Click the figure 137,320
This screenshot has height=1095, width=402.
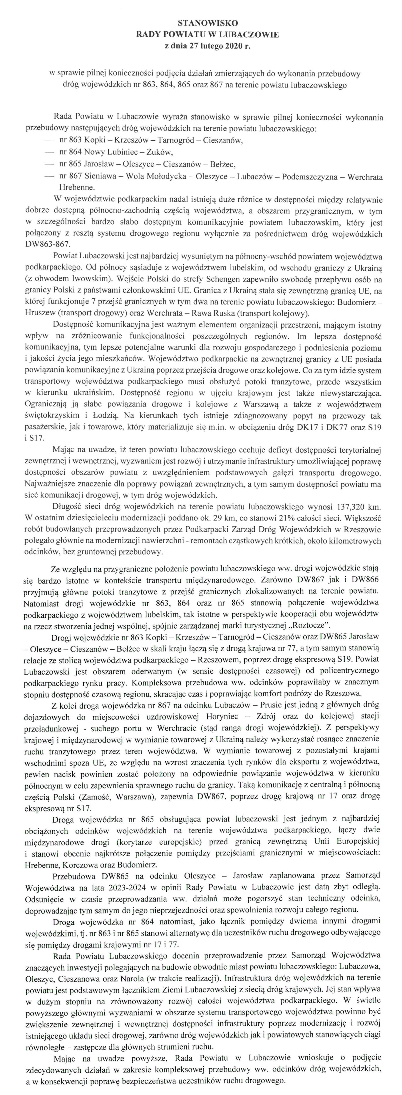[x=351, y=507]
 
